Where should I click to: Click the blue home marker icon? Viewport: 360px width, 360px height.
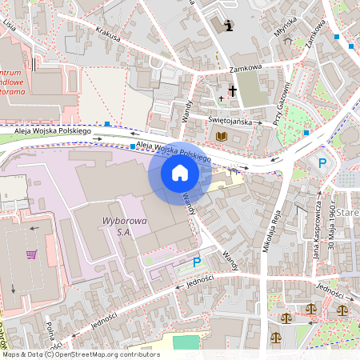point(180,172)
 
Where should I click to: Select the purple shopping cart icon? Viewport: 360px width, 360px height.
point(31,254)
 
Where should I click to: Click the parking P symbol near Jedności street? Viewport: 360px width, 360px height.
point(197,262)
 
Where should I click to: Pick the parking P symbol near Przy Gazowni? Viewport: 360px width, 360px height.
point(322,162)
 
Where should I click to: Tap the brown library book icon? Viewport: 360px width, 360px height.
point(222,137)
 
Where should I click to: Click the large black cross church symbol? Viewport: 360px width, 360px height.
point(234,92)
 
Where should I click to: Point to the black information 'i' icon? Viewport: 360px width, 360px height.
point(230,26)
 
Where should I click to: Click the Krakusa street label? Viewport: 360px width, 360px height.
point(106,37)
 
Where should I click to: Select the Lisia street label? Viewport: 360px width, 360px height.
point(10,24)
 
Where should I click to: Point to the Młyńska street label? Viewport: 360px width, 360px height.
point(285,26)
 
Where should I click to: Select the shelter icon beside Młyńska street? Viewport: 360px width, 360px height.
point(287,42)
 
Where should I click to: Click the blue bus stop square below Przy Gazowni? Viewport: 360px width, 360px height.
point(306,133)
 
